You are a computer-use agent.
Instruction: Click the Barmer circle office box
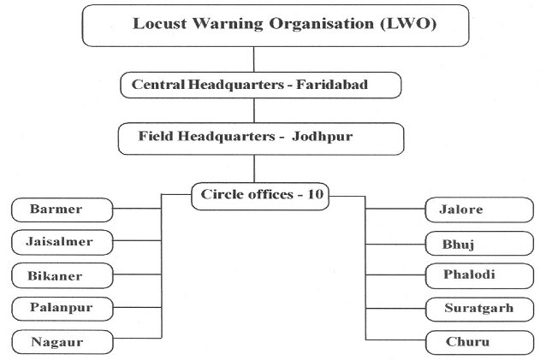[x=62, y=210]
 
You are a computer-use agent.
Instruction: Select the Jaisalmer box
[x=62, y=242]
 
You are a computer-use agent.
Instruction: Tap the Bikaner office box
[x=62, y=275]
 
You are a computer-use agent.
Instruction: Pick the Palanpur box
[x=62, y=309]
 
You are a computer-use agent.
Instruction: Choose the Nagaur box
[x=62, y=342]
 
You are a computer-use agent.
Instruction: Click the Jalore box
[x=479, y=210]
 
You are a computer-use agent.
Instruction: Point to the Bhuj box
[x=479, y=244]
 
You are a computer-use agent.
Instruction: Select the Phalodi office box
[x=479, y=275]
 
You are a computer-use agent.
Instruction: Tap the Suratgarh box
[x=479, y=310]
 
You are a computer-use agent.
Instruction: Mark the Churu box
[x=479, y=342]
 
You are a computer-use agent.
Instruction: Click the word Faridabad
[x=332, y=85]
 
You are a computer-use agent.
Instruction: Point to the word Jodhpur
[x=323, y=137]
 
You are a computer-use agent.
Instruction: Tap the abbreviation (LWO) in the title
[x=408, y=24]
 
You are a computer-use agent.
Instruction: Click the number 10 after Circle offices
[x=315, y=194]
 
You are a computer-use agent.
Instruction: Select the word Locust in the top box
[x=160, y=24]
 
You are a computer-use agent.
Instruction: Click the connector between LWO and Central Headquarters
[x=254, y=59]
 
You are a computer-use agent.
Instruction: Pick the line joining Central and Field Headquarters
[x=254, y=110]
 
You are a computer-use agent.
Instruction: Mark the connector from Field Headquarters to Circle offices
[x=254, y=168]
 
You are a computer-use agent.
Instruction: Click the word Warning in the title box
[x=228, y=24]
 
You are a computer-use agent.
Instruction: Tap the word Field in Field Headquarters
[x=155, y=136]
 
